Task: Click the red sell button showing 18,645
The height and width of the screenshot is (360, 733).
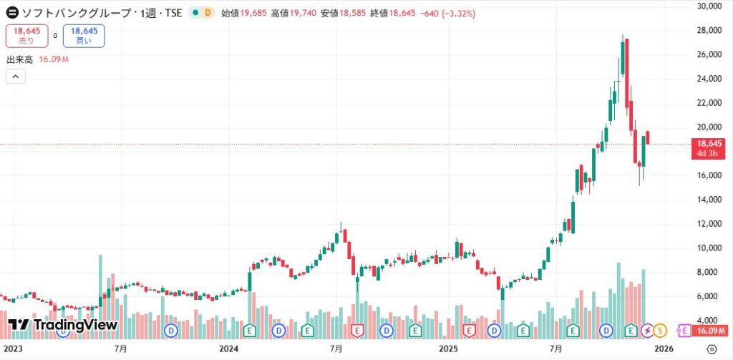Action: [x=26, y=36]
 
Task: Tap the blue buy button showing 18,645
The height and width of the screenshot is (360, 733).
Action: [x=84, y=36]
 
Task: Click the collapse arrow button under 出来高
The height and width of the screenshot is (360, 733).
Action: [x=14, y=76]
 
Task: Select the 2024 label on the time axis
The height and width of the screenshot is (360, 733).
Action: [x=229, y=349]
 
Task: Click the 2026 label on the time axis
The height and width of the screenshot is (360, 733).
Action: [x=664, y=349]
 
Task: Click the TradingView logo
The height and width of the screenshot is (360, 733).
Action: [x=62, y=326]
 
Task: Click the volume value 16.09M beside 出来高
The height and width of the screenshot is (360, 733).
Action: [x=55, y=59]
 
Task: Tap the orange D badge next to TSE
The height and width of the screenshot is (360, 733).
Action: [x=208, y=14]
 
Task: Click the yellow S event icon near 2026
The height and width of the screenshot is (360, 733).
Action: [x=660, y=330]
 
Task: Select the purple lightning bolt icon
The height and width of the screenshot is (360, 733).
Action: [x=647, y=330]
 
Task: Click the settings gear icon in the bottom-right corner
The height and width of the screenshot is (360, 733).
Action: [x=712, y=349]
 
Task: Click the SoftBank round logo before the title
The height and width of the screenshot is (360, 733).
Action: [x=12, y=14]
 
